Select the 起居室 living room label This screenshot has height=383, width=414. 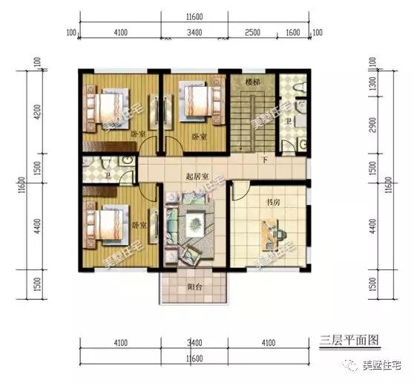197,176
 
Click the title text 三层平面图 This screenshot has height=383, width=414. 349,340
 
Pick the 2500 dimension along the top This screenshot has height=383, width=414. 253,32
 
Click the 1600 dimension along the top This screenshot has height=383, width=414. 292,32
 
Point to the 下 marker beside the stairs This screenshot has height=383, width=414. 264,159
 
